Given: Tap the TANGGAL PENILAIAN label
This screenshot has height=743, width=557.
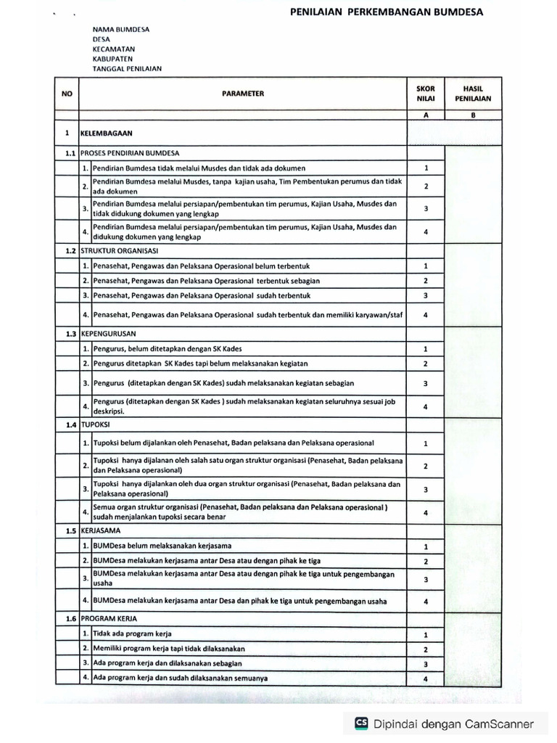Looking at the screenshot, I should [127, 69].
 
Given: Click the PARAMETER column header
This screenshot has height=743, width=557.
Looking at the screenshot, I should [243, 93].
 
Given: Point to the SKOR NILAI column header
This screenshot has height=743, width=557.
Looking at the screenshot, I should [426, 93].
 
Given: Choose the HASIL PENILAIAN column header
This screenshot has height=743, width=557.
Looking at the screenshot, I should [472, 93].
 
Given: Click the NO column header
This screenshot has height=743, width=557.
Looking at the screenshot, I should [67, 93].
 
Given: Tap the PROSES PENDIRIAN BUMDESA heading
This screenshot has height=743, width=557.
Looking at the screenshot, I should [130, 153].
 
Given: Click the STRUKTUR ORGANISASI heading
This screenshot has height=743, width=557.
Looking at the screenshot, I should [120, 250].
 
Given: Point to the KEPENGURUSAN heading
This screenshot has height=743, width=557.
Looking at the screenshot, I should [109, 334].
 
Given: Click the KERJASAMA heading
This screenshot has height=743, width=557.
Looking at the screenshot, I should [102, 530].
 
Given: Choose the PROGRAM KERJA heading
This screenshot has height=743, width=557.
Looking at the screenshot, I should [109, 619].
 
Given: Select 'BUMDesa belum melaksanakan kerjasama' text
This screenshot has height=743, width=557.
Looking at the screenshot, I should [162, 546].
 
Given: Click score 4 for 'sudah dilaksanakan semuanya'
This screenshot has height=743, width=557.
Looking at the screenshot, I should [426, 678].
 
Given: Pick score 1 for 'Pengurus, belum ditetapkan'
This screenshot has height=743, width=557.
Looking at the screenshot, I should [426, 349].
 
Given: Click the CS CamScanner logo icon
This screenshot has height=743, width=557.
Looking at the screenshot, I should [360, 723].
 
